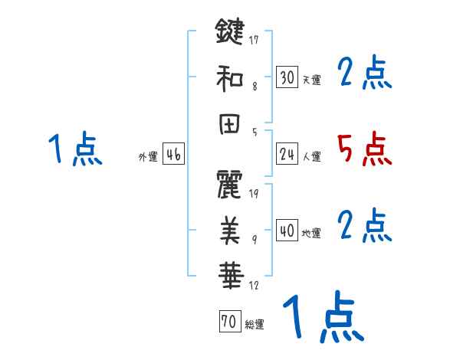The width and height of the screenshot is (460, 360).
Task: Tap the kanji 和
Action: coord(229,77)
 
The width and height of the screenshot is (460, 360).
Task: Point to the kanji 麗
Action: coord(229,185)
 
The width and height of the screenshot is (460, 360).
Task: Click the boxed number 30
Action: coord(287,77)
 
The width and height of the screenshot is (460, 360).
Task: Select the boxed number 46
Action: coord(172,155)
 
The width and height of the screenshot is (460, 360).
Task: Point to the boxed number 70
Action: coord(229,322)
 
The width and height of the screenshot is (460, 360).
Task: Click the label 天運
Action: coord(311,80)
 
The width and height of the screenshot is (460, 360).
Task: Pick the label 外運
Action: coord(147,157)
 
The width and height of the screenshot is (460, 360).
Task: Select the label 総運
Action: coord(254,325)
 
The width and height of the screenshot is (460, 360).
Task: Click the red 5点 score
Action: coord(364,149)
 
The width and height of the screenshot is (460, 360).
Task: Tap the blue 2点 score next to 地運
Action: coord(364,226)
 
